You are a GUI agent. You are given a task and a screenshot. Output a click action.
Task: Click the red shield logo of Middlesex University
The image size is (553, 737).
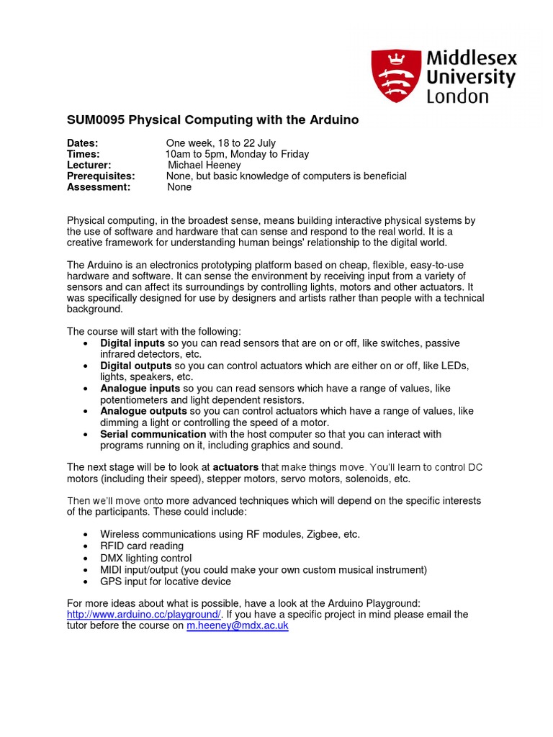(x=395, y=75)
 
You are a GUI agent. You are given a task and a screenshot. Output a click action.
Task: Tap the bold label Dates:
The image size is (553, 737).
(x=82, y=143)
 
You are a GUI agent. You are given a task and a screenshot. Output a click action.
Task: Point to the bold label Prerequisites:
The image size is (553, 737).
(x=101, y=176)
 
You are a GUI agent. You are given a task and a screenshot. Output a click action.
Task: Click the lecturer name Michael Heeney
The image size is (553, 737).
(x=204, y=165)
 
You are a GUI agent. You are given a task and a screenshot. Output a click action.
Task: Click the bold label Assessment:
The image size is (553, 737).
(x=99, y=186)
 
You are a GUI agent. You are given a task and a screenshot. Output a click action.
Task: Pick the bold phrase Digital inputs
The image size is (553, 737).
(x=133, y=343)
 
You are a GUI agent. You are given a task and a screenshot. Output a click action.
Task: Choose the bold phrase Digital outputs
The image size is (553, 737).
(x=136, y=366)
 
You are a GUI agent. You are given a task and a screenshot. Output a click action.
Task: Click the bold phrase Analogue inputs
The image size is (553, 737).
(x=140, y=389)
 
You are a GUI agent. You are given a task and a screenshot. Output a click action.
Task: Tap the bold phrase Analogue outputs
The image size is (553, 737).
(x=143, y=411)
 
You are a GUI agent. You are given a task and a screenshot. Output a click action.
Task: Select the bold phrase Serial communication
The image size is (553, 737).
(x=153, y=434)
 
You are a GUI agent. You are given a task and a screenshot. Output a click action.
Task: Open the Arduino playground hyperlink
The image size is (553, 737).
(x=144, y=615)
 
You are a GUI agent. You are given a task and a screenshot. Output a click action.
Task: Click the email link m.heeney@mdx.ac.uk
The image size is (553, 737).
(x=238, y=625)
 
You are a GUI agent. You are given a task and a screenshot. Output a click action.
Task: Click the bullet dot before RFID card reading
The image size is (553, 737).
(x=86, y=546)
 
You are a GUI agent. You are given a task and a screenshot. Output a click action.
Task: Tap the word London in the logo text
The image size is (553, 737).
(x=457, y=96)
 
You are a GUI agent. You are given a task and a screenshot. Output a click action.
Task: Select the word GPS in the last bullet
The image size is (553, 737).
(x=111, y=581)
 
